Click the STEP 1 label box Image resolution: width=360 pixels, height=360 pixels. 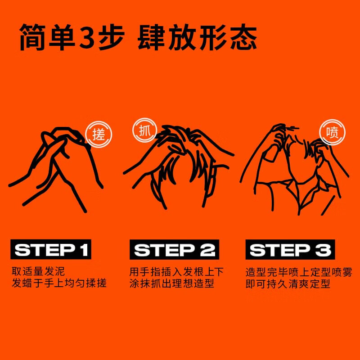(x=51, y=250)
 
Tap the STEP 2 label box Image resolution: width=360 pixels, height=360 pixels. (x=174, y=250)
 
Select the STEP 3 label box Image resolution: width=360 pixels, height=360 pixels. (x=290, y=250)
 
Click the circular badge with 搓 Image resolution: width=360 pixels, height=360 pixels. (x=98, y=135)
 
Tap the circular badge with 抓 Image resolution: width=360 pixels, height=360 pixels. (x=144, y=131)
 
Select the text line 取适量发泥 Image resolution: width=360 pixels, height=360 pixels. (x=38, y=272)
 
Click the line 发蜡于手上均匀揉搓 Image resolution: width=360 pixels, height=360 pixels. (x=59, y=284)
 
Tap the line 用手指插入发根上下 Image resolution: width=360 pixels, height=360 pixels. (x=176, y=272)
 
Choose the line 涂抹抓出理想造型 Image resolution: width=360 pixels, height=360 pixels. (x=171, y=284)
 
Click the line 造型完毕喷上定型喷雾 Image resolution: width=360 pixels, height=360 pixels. (x=299, y=272)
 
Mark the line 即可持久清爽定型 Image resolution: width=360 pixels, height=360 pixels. (x=288, y=284)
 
